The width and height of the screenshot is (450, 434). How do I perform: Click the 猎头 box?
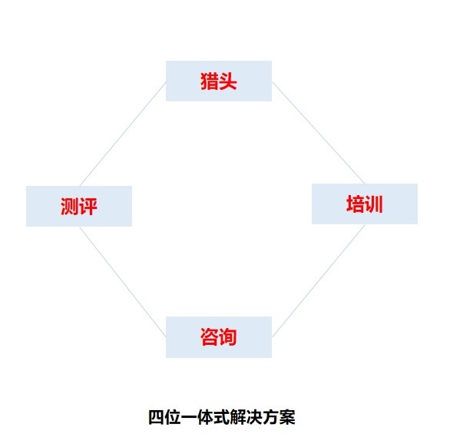point(219,81)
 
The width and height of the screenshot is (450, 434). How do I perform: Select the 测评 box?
point(79,206)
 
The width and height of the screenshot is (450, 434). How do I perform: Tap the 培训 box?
point(365,204)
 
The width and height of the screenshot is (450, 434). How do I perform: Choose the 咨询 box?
point(219,337)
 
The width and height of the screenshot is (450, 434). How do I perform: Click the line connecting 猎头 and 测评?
point(123,134)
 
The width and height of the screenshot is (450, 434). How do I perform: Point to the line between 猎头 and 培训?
point(318,133)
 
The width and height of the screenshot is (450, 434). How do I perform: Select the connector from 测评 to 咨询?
point(123,282)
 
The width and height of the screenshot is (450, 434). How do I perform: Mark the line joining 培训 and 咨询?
point(319,280)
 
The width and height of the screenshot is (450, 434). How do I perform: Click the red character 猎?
point(209,81)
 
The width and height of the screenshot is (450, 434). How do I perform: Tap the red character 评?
point(88,207)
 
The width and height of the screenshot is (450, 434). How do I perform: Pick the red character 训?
point(374,204)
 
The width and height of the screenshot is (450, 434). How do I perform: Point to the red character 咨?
point(209,337)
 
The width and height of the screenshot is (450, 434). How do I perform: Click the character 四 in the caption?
point(157,417)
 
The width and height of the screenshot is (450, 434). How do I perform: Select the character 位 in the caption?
point(173,417)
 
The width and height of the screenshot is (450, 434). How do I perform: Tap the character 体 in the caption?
point(206,417)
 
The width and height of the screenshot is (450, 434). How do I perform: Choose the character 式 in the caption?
point(222,417)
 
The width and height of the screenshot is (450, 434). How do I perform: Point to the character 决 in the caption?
point(255,417)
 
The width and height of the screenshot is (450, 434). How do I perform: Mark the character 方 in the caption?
point(271,417)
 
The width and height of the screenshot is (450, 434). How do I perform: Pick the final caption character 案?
point(287,417)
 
